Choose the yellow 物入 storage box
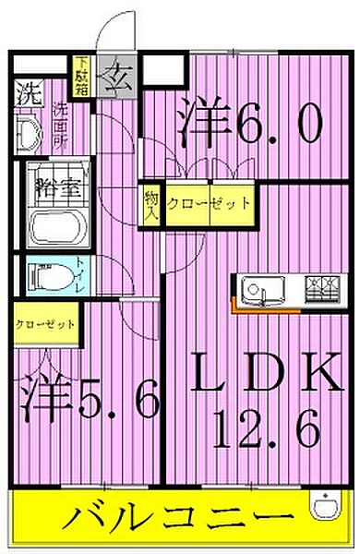[x=151, y=202]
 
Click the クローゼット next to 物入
[x=209, y=202]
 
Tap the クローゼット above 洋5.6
[x=45, y=326]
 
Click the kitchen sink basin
[x=260, y=292]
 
